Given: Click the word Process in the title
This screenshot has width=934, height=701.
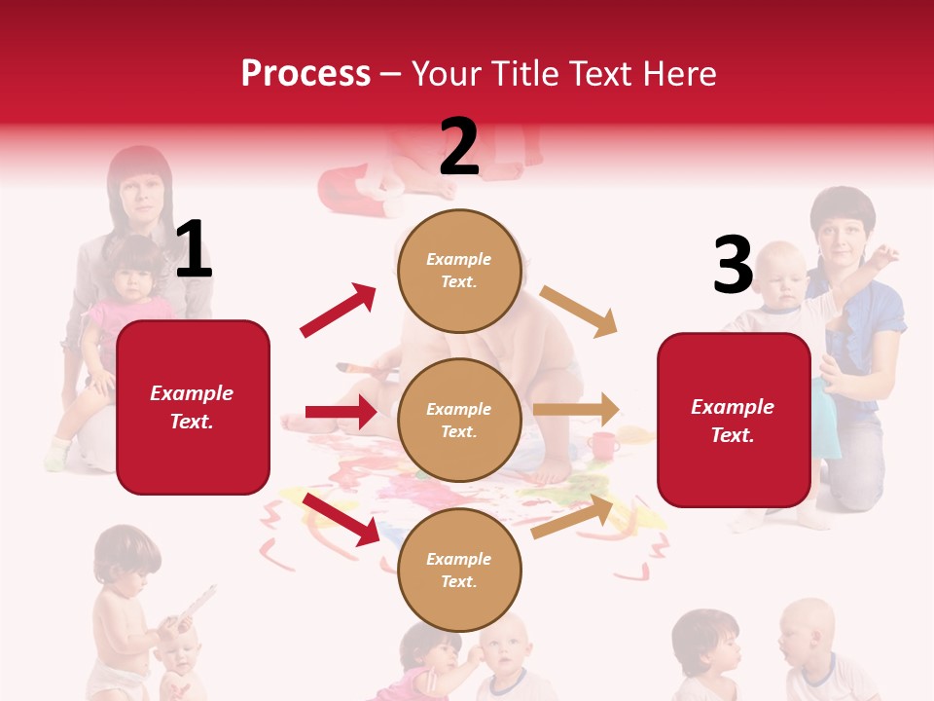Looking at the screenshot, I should tap(305, 74).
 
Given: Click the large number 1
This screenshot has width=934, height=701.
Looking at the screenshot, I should tap(194, 249).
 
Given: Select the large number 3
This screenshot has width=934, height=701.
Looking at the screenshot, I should tap(733, 265).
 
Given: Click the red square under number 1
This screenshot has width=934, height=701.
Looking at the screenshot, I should tap(193, 407).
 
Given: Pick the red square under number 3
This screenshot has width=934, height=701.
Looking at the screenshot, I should tap(734, 420).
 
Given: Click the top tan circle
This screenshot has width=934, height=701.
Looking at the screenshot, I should tap(459, 271).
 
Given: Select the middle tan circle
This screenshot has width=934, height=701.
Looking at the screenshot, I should tap(459, 420).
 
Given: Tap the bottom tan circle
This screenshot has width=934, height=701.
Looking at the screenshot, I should tap(459, 570).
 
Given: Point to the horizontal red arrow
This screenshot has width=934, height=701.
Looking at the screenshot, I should tap(341, 413).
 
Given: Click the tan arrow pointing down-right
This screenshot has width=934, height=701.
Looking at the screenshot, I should tap(579, 311).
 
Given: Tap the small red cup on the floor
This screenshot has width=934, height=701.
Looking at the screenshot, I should tap(603, 446).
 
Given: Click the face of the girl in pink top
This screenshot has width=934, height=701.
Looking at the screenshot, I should tap(130, 277).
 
